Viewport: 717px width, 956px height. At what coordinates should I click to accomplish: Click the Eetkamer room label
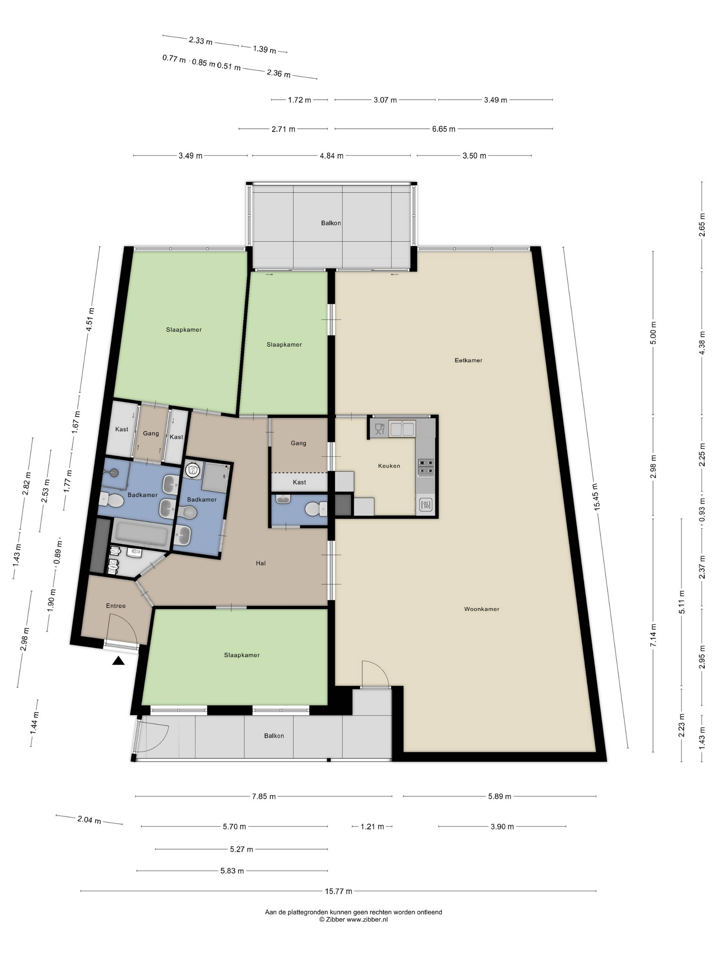468,360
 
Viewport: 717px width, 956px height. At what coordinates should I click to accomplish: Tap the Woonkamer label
482,609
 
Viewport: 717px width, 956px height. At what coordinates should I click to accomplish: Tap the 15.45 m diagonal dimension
596,497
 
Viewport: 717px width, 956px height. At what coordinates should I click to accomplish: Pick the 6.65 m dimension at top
443,129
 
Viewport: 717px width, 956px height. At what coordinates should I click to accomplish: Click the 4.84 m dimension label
331,156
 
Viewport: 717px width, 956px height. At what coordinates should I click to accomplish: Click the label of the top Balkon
331,223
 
